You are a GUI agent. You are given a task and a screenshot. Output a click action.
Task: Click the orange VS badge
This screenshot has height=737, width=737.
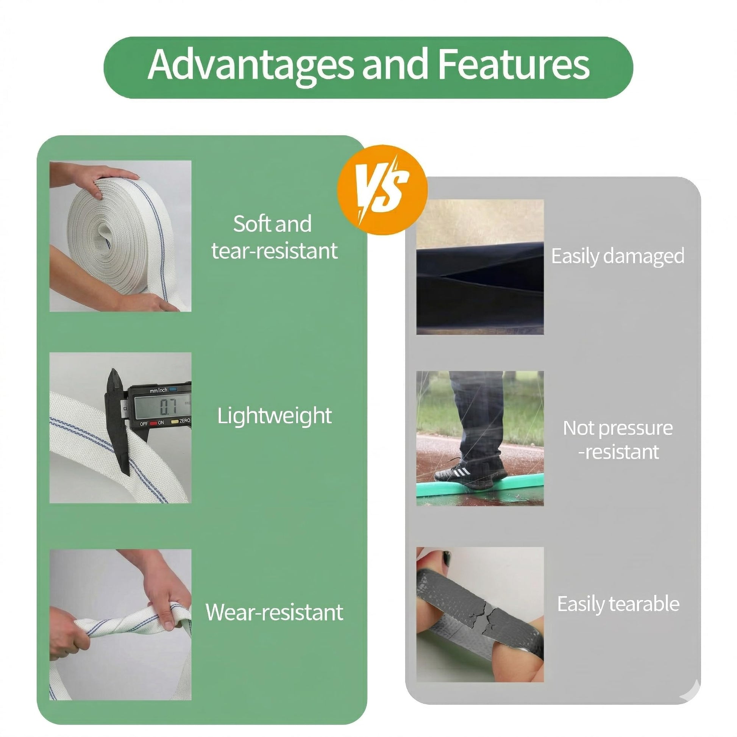click(382, 190)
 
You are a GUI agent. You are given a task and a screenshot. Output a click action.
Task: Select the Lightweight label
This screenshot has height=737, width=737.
click(274, 416)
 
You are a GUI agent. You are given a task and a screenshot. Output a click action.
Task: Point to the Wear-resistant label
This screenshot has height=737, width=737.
click(274, 612)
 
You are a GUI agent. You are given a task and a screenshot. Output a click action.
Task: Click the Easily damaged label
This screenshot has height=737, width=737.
click(618, 256)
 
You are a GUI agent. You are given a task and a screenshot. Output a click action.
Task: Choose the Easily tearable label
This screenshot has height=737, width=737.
click(618, 604)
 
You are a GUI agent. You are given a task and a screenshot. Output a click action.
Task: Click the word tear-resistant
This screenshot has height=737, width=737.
click(274, 251)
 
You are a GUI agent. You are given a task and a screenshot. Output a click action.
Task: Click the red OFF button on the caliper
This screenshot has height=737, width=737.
click(153, 423)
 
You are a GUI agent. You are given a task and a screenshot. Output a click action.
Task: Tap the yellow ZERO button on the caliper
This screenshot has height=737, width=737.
click(175, 422)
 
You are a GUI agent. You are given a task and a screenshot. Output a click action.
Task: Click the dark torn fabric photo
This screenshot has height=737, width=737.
click(480, 267)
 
